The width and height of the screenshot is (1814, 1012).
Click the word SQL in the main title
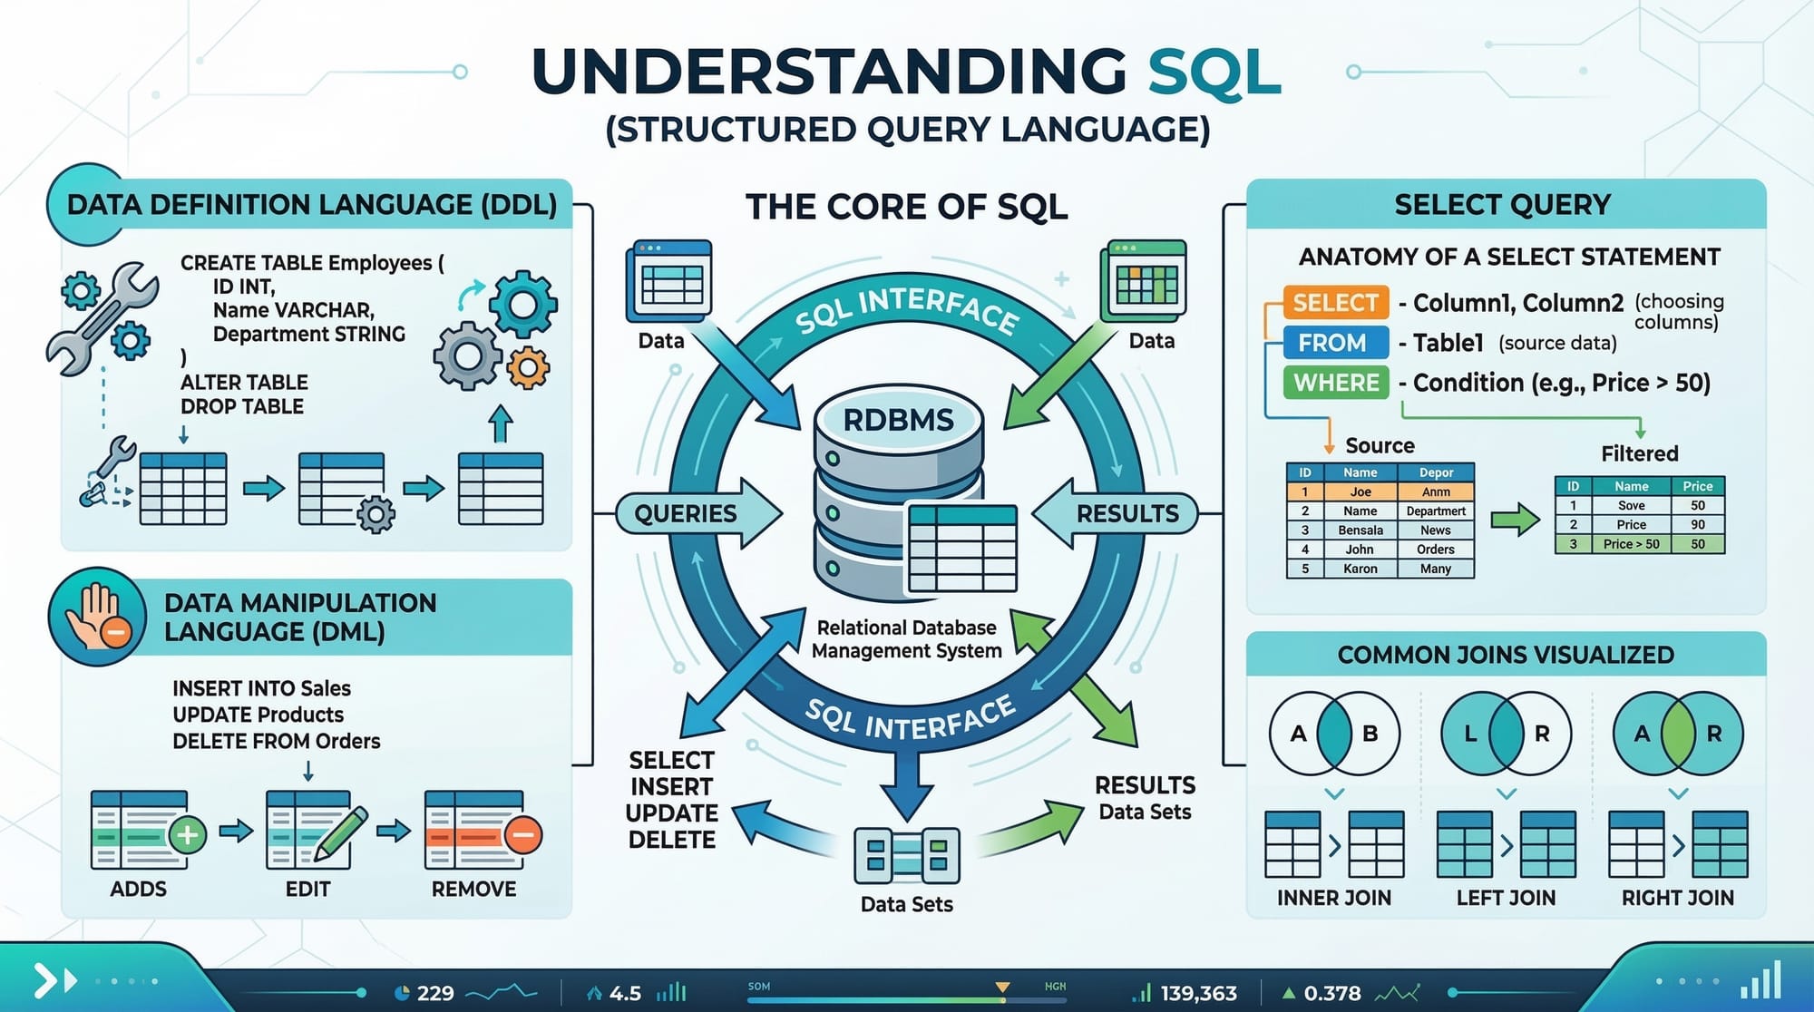point(1214,73)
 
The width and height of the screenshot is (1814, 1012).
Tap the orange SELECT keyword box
point(1335,303)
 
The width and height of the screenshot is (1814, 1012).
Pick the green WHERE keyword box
point(1336,383)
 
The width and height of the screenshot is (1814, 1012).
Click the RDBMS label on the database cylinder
point(898,421)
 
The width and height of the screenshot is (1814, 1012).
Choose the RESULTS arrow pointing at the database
point(1120,513)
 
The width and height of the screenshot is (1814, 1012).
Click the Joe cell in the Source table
point(1360,491)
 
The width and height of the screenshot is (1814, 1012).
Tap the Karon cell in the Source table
point(1360,569)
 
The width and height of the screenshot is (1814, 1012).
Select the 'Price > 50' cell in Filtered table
point(1631,544)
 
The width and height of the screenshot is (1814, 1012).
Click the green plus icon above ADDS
point(188,834)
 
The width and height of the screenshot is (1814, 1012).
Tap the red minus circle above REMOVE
point(523,834)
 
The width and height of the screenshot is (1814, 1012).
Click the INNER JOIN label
point(1333,898)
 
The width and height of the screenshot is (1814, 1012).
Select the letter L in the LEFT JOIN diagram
point(1470,734)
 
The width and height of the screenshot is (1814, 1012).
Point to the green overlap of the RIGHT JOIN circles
point(1678,734)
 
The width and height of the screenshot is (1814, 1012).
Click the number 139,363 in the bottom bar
point(1198,994)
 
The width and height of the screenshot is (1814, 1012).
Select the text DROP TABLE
point(242,406)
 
